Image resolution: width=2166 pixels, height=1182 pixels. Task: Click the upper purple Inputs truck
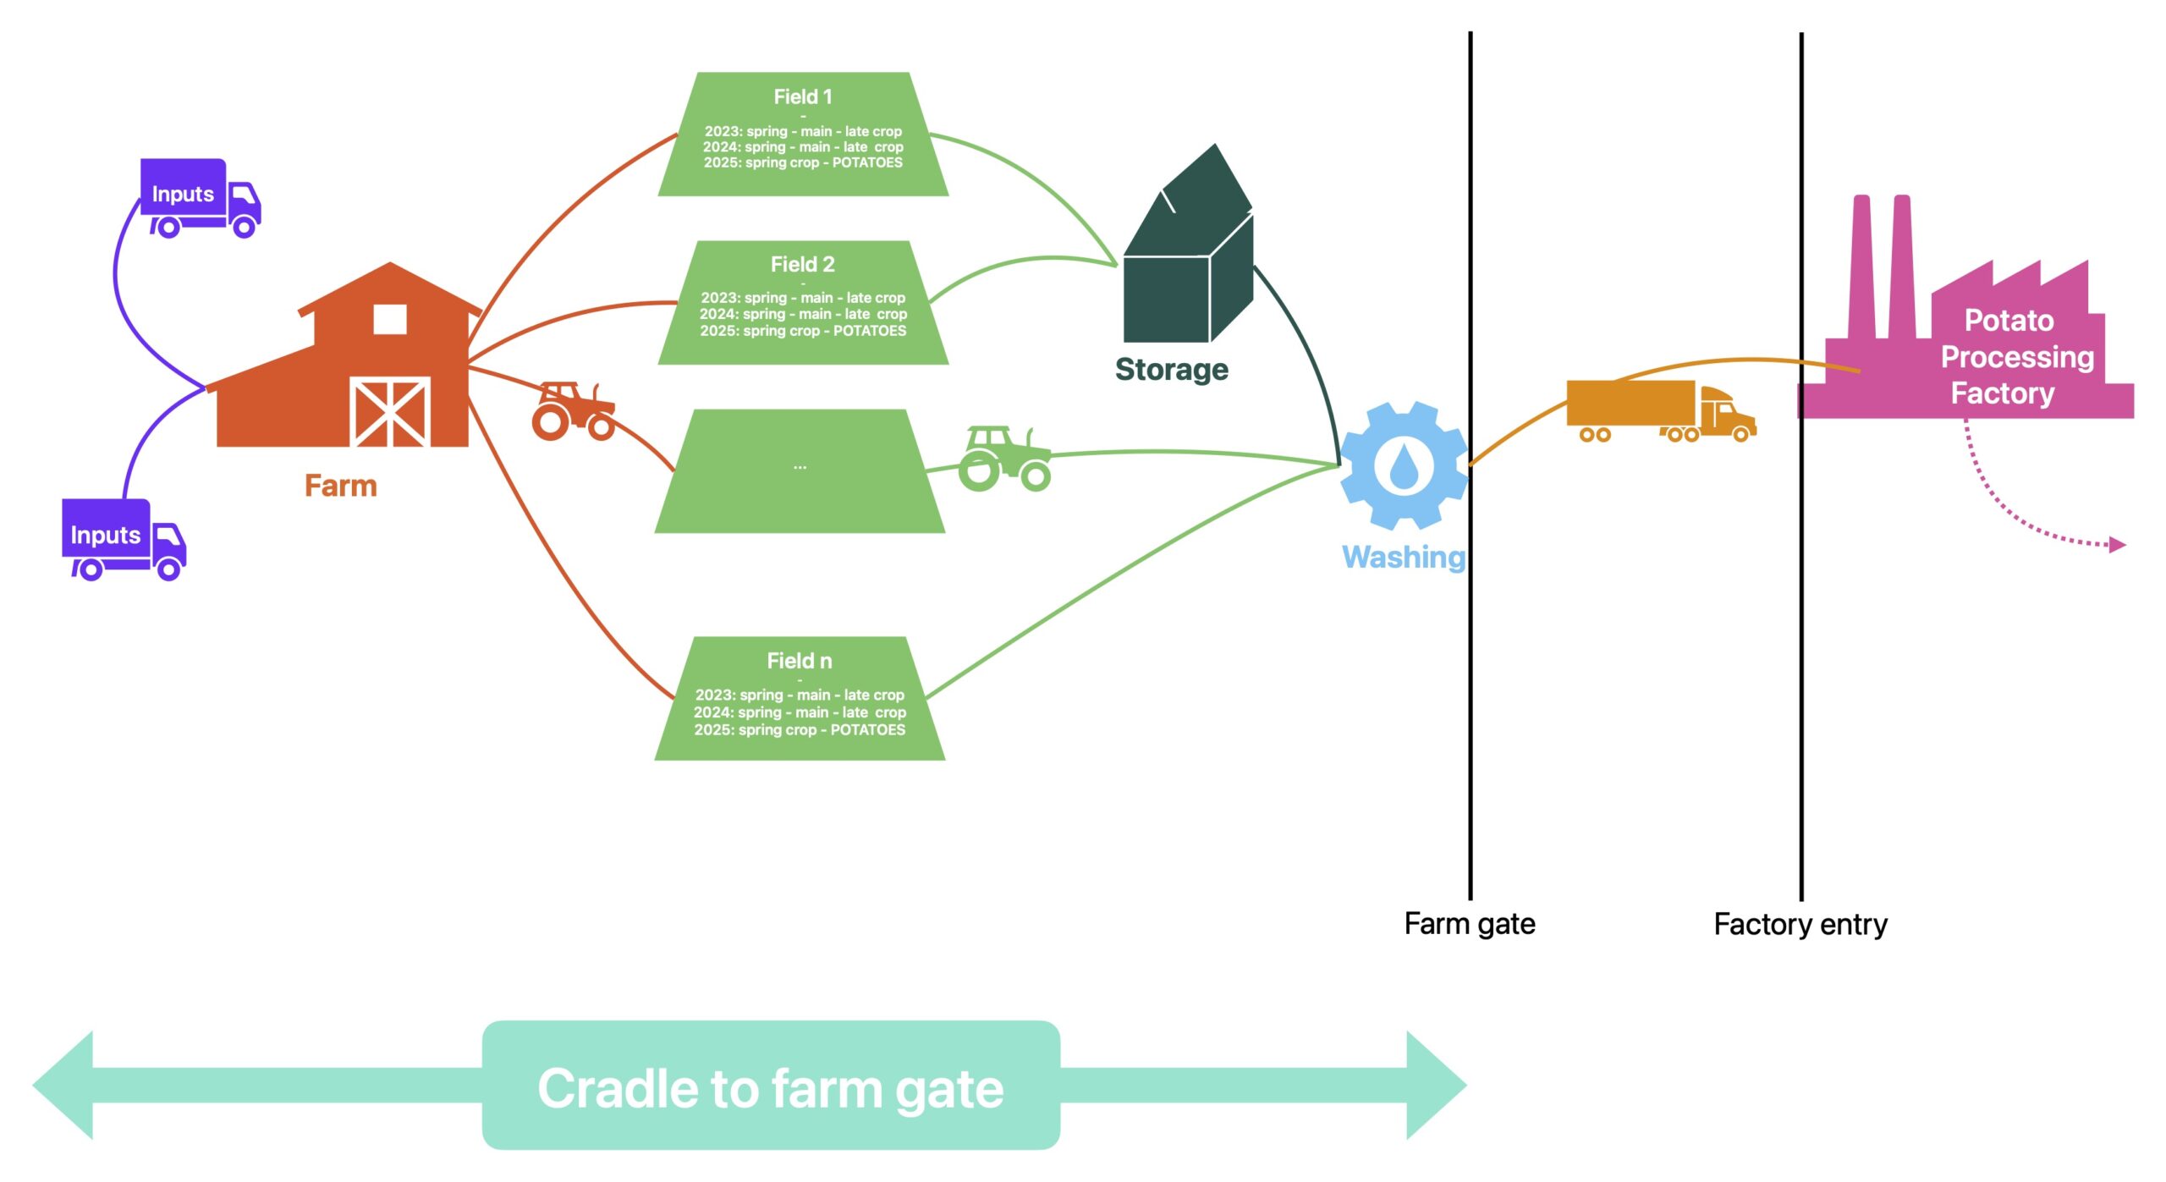click(x=200, y=197)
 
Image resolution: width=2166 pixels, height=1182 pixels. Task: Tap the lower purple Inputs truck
click(x=124, y=539)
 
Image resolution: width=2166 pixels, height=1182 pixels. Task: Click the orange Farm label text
click(x=341, y=486)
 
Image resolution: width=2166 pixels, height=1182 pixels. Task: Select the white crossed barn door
click(x=390, y=412)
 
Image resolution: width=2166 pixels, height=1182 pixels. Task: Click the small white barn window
click(x=390, y=320)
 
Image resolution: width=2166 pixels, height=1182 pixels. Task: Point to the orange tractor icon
click(x=573, y=411)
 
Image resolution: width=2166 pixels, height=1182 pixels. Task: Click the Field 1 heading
click(x=803, y=97)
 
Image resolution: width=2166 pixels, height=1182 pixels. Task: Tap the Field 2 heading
click(x=803, y=265)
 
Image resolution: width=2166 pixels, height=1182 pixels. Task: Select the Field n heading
click(x=800, y=661)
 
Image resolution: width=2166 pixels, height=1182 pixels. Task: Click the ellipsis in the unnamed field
click(x=800, y=467)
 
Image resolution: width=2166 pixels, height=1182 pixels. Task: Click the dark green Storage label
click(x=1172, y=370)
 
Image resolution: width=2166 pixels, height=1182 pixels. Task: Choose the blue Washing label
click(x=1404, y=557)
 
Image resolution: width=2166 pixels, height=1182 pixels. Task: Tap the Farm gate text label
click(x=1470, y=924)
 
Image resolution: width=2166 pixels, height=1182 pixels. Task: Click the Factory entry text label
click(x=1800, y=925)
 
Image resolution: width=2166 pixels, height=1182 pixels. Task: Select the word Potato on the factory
click(x=2009, y=321)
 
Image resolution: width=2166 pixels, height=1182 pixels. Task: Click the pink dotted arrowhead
click(x=2117, y=545)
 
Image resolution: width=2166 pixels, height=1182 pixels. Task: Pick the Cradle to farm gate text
click(x=771, y=1089)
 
